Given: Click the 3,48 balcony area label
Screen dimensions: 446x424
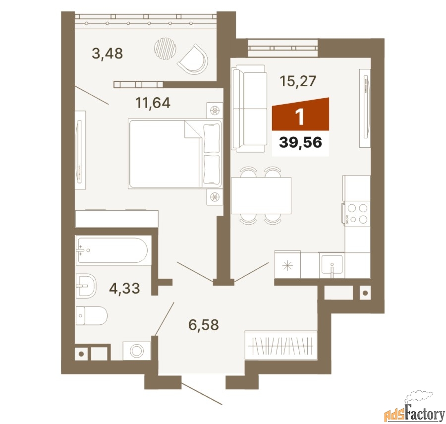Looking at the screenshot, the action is pyautogui.click(x=107, y=53).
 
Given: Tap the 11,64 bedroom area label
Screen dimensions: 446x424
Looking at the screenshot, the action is pyautogui.click(x=153, y=103).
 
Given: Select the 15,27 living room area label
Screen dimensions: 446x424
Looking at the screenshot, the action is pyautogui.click(x=298, y=81).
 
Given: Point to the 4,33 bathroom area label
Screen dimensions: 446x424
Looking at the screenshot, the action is pyautogui.click(x=124, y=288).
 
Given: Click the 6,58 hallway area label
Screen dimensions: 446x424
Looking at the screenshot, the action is pyautogui.click(x=204, y=325).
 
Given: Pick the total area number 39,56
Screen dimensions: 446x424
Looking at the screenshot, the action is pyautogui.click(x=300, y=142).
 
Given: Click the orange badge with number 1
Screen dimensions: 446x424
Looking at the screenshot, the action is pyautogui.click(x=301, y=114).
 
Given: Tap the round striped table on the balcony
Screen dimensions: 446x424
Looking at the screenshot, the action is pyautogui.click(x=165, y=49).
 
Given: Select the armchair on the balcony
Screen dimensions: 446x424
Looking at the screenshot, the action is pyautogui.click(x=193, y=60).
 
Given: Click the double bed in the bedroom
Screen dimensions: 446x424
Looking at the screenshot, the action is pyautogui.click(x=175, y=154).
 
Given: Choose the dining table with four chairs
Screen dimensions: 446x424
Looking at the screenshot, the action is pyautogui.click(x=261, y=195).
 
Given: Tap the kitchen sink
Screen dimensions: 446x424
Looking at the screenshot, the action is pyautogui.click(x=332, y=265).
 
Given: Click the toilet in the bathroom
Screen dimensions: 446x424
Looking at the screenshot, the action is pyautogui.click(x=92, y=315).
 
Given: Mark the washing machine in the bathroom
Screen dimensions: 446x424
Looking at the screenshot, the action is pyautogui.click(x=137, y=351).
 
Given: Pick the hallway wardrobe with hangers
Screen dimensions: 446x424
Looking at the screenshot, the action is pyautogui.click(x=281, y=346).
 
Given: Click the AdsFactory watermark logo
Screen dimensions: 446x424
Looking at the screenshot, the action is pyautogui.click(x=414, y=408).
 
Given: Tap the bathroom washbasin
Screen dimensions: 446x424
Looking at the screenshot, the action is pyautogui.click(x=86, y=286).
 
